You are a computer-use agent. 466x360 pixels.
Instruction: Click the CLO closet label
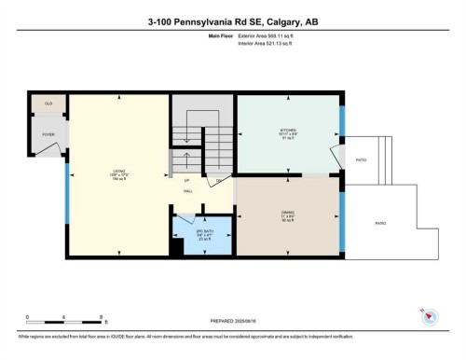tap(48, 104)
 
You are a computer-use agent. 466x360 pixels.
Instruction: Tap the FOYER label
tap(48, 134)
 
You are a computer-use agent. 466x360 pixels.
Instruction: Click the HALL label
tap(186, 190)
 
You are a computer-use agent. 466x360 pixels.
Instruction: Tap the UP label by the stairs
tap(186, 180)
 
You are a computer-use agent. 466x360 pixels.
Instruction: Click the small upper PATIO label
tap(361, 159)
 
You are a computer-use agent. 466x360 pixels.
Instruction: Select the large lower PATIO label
tap(380, 224)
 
